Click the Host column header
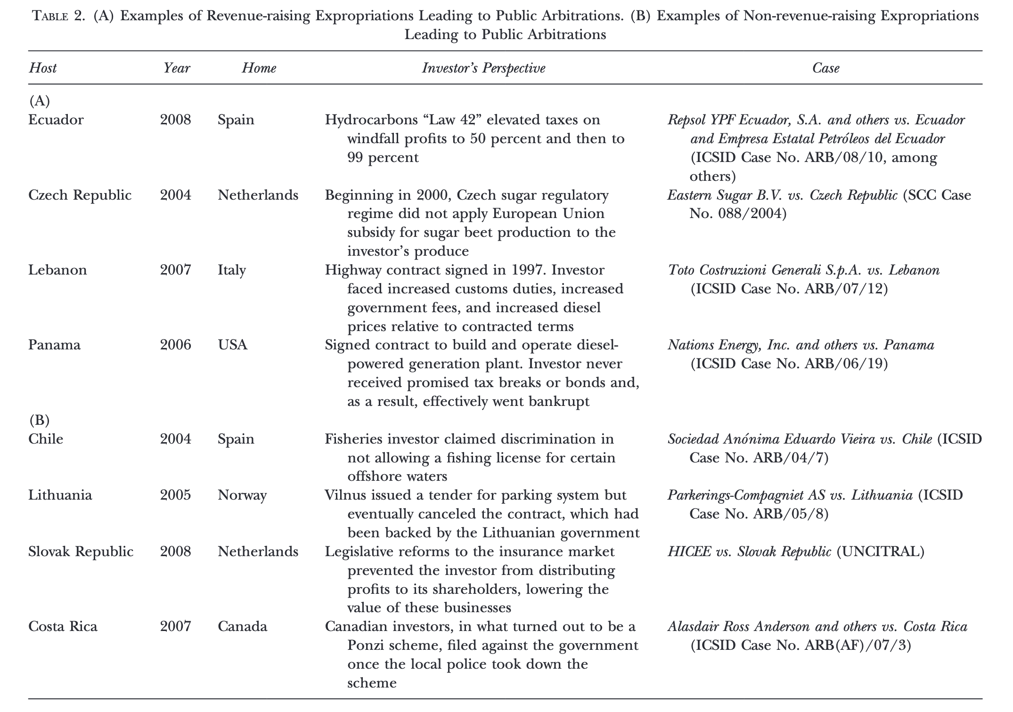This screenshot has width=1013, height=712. point(42,68)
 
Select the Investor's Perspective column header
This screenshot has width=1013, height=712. point(483,68)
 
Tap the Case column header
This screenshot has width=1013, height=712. point(825,68)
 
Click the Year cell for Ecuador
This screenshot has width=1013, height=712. point(175,120)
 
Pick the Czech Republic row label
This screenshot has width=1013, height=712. point(80,195)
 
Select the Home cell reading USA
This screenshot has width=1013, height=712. point(232,345)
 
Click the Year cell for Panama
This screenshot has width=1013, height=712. point(175,345)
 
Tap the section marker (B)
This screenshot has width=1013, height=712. point(39,420)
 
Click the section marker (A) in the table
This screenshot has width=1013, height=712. point(39,101)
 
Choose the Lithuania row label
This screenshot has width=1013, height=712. point(60,495)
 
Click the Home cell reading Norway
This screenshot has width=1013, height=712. point(242,495)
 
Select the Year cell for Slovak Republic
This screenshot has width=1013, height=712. point(175,551)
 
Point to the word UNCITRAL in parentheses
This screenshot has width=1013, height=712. point(880,551)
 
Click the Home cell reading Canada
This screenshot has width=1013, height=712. point(242,626)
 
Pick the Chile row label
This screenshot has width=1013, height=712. point(45,439)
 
